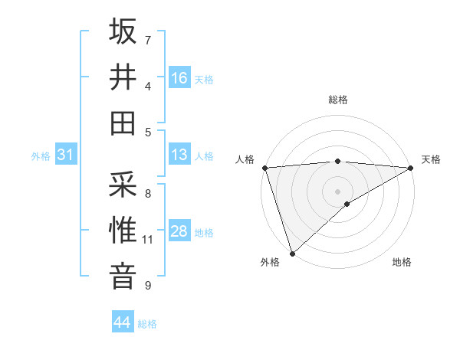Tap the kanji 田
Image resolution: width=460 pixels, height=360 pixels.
tap(123, 122)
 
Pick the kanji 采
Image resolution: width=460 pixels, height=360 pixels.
tap(123, 183)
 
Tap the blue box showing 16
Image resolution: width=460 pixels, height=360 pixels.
tap(179, 77)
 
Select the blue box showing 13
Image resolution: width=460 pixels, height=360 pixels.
tap(179, 155)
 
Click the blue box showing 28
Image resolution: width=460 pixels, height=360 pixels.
tap(179, 231)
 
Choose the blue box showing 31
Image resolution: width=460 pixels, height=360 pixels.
tap(66, 155)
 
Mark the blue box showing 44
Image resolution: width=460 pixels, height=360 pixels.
tap(122, 322)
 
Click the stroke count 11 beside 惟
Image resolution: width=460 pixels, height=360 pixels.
tap(148, 240)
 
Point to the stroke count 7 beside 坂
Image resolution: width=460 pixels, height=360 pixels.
tap(148, 40)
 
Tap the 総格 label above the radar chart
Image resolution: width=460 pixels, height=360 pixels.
tap(337, 100)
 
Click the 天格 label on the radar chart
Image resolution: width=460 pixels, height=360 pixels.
tap(431, 159)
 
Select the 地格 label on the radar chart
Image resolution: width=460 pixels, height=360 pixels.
tap(402, 263)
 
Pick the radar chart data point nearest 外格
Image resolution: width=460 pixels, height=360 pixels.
tap(292, 253)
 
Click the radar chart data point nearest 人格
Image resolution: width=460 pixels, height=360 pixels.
tap(264, 167)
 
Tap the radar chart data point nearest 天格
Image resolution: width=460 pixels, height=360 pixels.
tap(411, 167)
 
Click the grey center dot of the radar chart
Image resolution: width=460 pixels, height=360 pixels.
tap(337, 191)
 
